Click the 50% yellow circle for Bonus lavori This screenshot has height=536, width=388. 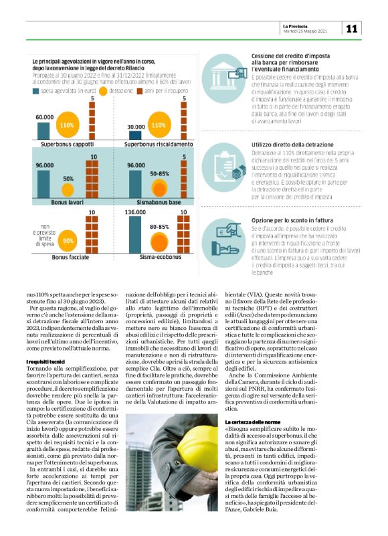(x=68, y=179)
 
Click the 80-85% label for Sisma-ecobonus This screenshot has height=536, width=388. (x=160, y=227)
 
